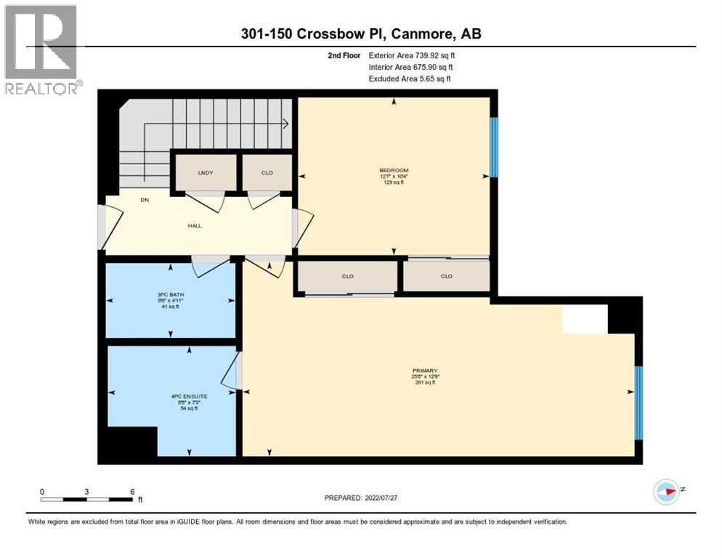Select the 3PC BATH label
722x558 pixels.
[x=170, y=294]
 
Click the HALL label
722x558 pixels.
[x=194, y=225]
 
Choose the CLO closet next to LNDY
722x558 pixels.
[x=267, y=174]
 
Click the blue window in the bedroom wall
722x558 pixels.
[x=493, y=147]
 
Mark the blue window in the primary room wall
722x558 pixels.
[x=638, y=403]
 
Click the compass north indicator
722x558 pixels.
[x=666, y=492]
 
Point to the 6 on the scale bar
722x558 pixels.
[x=131, y=491]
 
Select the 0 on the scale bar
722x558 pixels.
[x=42, y=491]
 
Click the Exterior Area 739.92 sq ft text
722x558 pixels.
[x=412, y=55]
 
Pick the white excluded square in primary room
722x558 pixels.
[x=585, y=319]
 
